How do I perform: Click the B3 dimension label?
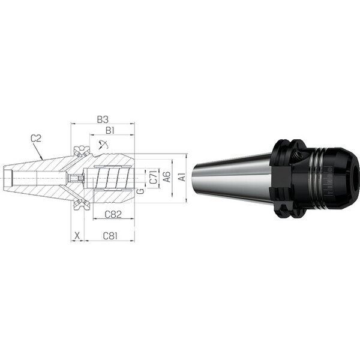[103, 119]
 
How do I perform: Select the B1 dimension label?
[110, 131]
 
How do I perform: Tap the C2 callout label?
[36, 139]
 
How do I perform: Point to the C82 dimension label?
[113, 214]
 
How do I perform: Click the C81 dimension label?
[110, 236]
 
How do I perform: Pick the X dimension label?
[77, 236]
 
